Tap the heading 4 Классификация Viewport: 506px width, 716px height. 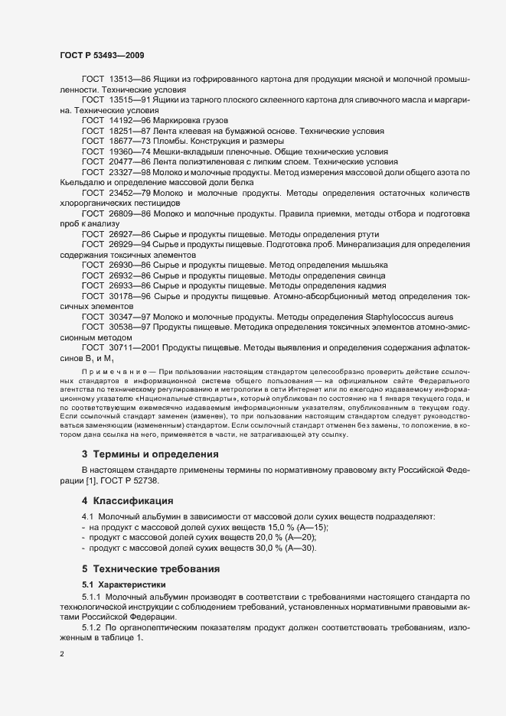127,501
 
